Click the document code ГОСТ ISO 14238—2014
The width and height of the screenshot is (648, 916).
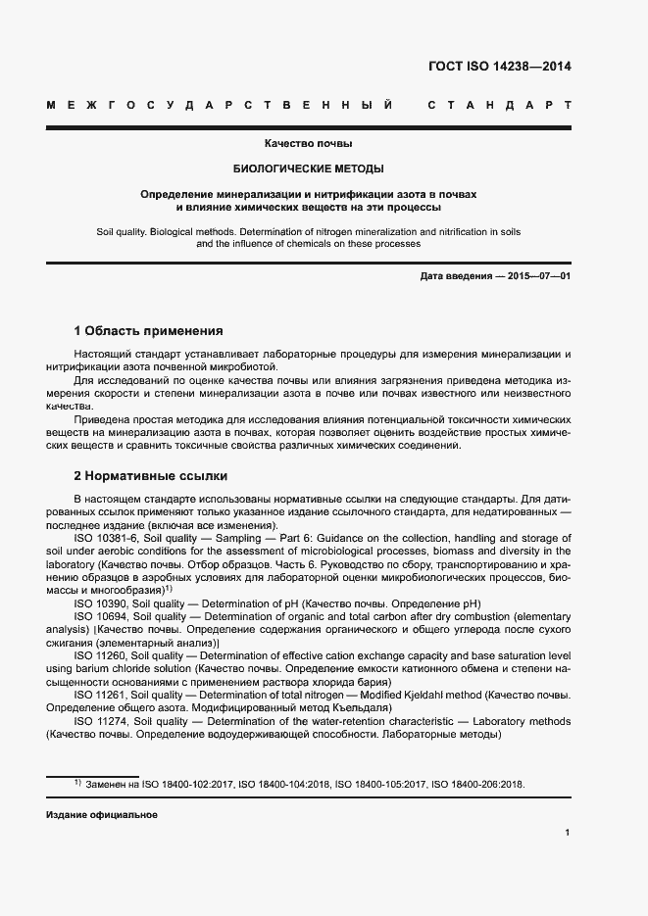click(x=500, y=67)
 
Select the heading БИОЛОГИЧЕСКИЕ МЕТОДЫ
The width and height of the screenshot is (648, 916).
click(x=308, y=169)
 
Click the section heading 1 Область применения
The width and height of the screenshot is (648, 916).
click(x=149, y=331)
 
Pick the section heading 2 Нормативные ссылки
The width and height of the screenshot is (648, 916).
click(x=151, y=476)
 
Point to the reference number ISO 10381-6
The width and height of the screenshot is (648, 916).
click(x=107, y=538)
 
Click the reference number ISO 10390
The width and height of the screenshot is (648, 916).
click(x=101, y=604)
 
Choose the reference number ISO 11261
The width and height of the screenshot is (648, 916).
click(x=101, y=695)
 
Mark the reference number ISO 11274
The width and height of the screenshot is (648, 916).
click(x=101, y=722)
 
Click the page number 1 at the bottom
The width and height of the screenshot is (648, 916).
click(x=568, y=833)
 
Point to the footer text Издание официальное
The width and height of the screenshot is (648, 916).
click(x=102, y=815)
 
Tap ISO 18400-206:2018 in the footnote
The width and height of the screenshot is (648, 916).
click(x=479, y=785)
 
